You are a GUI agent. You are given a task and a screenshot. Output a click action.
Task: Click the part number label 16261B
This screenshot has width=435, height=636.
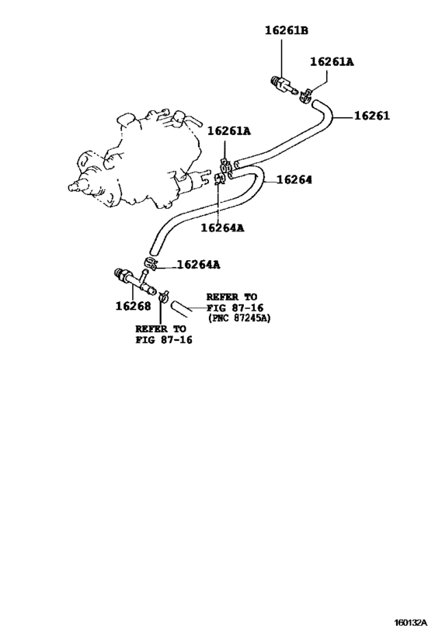pos(287,30)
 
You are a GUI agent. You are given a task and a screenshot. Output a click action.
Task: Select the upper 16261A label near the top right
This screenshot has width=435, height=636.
pos(332,61)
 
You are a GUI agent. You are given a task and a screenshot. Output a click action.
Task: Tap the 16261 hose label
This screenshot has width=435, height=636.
pos(372,116)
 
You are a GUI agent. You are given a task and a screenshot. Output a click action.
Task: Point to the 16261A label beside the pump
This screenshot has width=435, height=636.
pos(229,131)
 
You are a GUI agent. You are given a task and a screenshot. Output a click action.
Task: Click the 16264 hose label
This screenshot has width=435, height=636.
pos(294,179)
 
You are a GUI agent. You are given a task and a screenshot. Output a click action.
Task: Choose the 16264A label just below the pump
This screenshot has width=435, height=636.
pos(222,228)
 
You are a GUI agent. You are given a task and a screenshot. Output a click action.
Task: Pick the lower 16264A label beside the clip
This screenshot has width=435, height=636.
pos(199,265)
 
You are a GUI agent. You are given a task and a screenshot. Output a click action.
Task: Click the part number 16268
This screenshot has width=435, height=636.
pos(133,306)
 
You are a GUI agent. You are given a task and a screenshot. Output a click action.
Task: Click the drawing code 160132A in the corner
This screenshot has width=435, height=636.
pos(410,623)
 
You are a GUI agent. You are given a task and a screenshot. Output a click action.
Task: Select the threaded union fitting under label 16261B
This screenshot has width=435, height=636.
pos(284,85)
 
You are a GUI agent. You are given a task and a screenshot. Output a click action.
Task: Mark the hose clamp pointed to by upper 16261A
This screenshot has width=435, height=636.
pos(305,96)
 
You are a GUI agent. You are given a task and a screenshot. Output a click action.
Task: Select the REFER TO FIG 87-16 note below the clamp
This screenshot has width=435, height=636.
pos(164,334)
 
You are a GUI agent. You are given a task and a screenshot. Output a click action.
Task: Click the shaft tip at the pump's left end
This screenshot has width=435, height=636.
pos(71,187)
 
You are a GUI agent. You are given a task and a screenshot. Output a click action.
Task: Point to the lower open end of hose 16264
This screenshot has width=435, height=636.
pos(153,250)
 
